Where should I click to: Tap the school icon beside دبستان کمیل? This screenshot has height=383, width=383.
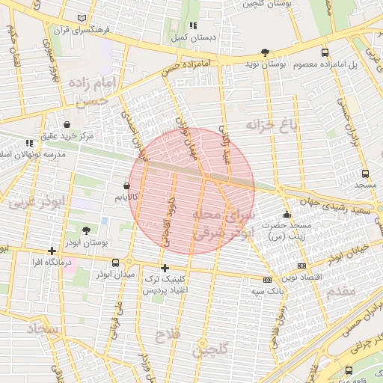click(192, 25)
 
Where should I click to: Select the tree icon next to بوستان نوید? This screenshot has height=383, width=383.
click(265, 52)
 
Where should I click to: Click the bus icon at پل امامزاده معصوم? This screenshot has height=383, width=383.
click(325, 52)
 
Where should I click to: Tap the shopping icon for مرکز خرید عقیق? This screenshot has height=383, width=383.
click(68, 124)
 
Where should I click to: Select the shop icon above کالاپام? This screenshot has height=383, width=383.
click(126, 186)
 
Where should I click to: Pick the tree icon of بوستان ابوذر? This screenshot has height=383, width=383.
click(85, 231)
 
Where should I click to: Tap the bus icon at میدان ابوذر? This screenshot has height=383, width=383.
click(115, 263)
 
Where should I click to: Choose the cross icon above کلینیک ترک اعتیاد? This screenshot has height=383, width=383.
click(165, 267)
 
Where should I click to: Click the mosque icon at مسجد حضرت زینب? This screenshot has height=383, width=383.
click(287, 215)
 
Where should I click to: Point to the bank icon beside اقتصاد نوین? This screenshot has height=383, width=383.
click(301, 265)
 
